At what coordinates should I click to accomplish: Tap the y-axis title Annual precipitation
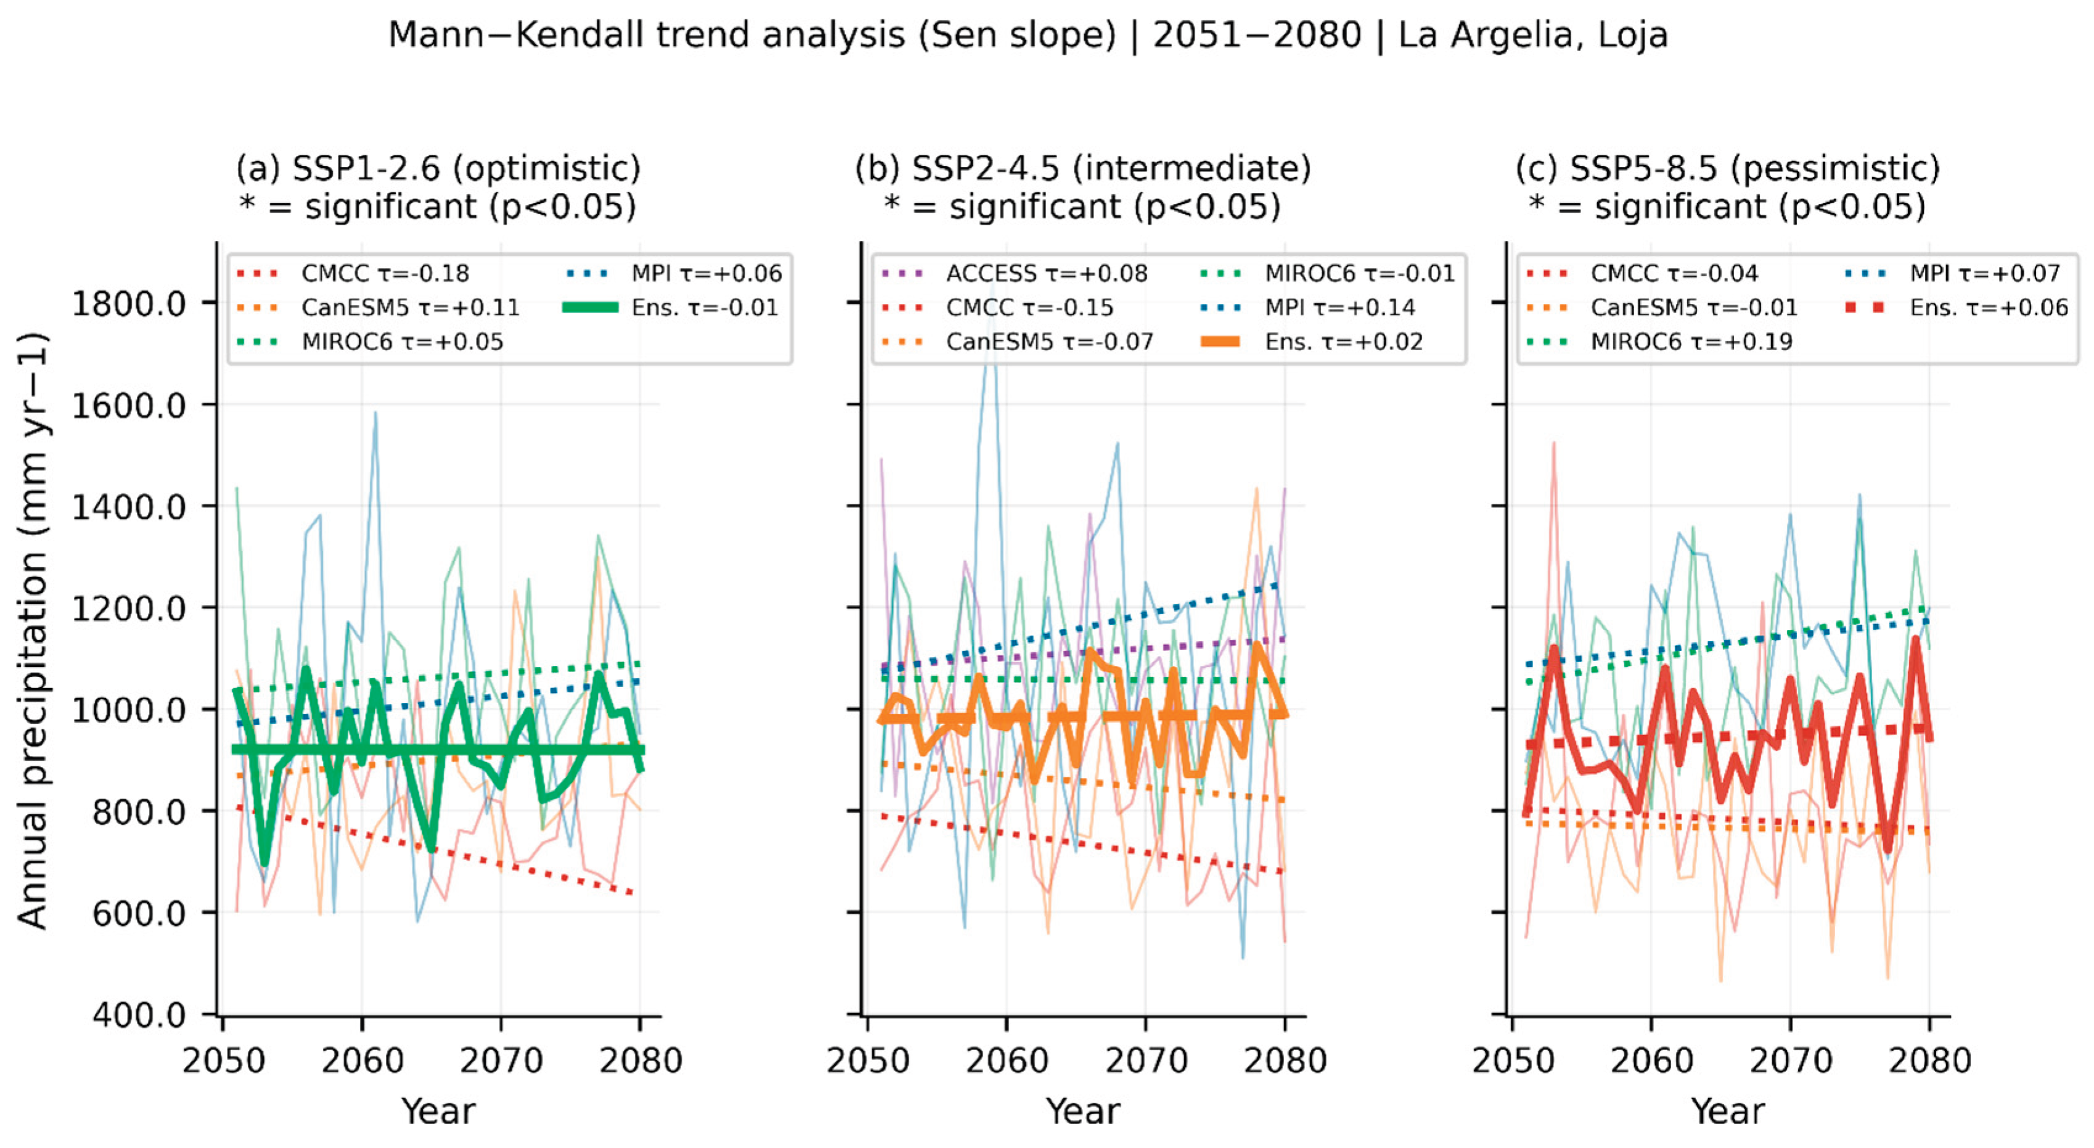(33, 630)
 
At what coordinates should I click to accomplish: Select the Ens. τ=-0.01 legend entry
(671, 307)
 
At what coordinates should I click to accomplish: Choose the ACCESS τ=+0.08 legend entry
(1015, 273)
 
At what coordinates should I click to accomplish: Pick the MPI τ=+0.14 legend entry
(1308, 307)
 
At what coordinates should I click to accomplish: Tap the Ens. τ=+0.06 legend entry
(1956, 307)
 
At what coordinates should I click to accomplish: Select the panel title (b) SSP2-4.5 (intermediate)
(1083, 169)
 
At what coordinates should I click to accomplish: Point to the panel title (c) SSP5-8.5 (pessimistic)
(1727, 169)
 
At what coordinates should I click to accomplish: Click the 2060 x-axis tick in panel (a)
(362, 1061)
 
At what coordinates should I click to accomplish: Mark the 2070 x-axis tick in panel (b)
(1146, 1061)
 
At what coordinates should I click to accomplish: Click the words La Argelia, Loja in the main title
(1532, 36)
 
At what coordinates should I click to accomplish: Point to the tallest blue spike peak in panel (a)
(375, 412)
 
